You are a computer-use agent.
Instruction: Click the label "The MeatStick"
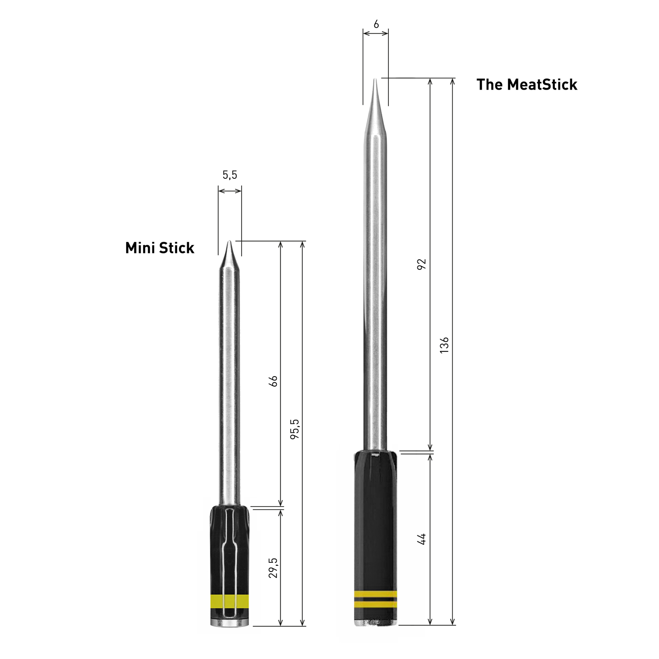(526, 84)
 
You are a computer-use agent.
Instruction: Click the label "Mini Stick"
(159, 248)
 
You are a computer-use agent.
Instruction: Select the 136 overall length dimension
(444, 345)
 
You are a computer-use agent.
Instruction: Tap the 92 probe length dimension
(421, 264)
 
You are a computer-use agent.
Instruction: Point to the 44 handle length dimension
(421, 539)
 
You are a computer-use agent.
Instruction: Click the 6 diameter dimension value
(376, 25)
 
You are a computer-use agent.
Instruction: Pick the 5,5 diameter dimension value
(229, 175)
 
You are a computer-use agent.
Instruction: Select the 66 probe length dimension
(273, 381)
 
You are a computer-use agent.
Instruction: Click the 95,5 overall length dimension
(295, 429)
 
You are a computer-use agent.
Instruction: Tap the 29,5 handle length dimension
(273, 568)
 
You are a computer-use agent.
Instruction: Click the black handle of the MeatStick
(376, 518)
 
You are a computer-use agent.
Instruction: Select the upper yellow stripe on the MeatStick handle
(376, 594)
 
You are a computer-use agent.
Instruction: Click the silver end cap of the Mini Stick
(230, 623)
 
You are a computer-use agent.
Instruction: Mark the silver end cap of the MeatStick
(376, 622)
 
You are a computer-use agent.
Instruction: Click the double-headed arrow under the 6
(376, 33)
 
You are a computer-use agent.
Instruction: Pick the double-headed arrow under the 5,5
(230, 191)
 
